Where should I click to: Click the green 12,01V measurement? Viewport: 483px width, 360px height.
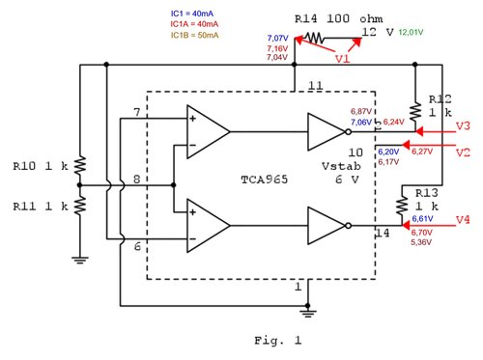409,33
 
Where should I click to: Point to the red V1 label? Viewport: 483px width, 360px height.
342,58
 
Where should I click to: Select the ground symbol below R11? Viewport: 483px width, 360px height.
81,255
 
